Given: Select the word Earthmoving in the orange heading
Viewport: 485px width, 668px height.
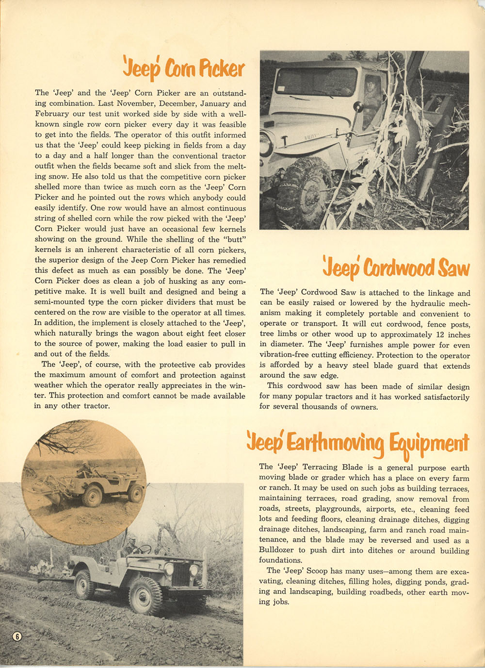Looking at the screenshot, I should pyautogui.click(x=334, y=442).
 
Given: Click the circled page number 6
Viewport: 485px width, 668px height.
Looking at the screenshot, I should pyautogui.click(x=17, y=636).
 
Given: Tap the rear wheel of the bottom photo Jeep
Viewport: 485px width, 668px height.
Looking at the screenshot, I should pyautogui.click(x=85, y=584).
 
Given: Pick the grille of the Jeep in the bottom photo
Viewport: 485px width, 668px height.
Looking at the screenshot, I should pyautogui.click(x=180, y=573).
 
